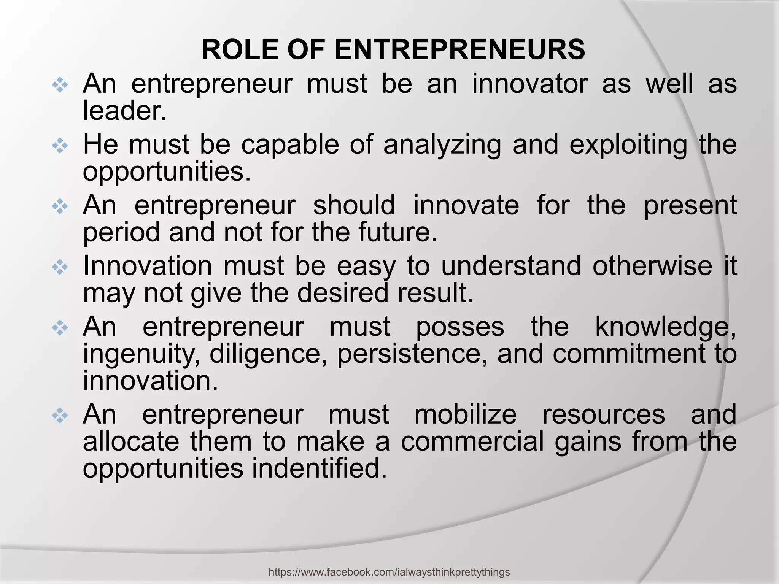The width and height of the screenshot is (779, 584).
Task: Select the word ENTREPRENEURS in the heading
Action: coord(459,50)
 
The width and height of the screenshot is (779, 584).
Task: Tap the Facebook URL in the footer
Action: coord(389,572)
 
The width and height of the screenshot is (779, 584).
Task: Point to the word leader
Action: coord(125,111)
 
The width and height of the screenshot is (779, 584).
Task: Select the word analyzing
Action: coord(442,145)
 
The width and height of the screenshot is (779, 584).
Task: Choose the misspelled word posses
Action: coord(460,327)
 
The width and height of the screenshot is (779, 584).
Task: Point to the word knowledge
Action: coord(666,327)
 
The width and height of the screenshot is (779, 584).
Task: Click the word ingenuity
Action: coord(141,354)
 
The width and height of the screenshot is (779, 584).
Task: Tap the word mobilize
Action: coord(465,414)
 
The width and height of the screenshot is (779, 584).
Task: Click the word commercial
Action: coord(472,442)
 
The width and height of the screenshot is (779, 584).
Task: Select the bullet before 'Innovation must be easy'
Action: coord(60,268)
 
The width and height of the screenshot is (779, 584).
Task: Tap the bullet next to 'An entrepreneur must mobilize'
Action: coord(60,416)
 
